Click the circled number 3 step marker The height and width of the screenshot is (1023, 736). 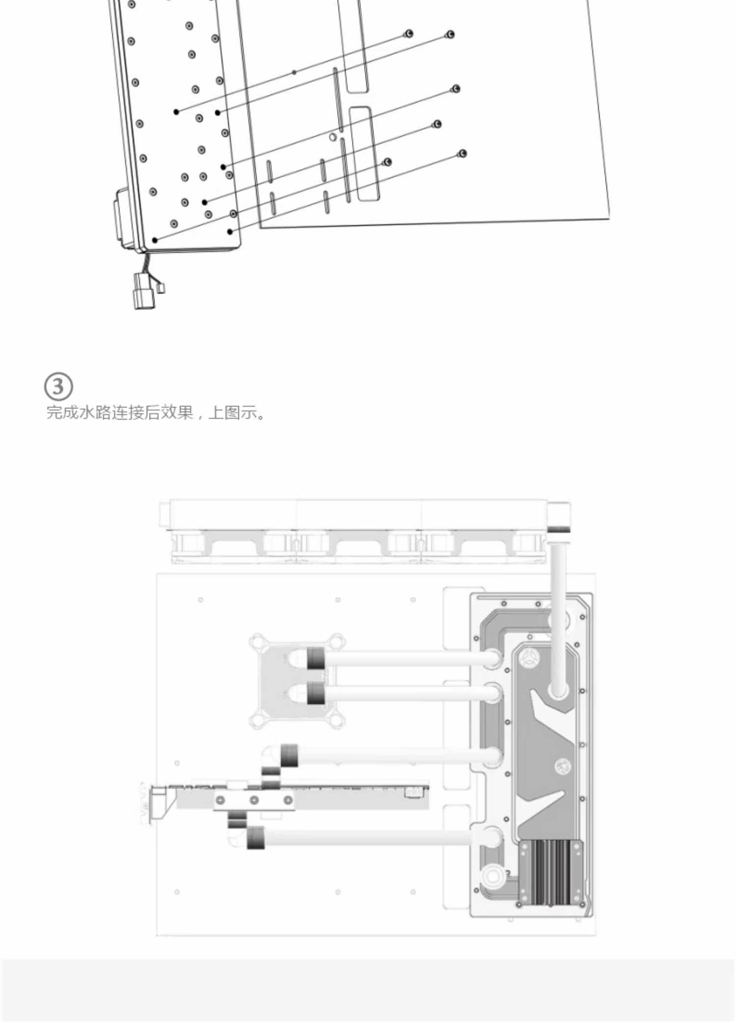click(58, 386)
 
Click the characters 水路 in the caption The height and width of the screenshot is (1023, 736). click(94, 412)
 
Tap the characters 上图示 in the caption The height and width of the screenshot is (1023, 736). click(233, 412)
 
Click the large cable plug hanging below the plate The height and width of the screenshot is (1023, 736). click(143, 292)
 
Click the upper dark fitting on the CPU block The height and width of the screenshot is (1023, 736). click(316, 658)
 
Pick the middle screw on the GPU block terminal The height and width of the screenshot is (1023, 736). click(254, 801)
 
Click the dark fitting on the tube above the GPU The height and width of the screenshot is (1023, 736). click(289, 756)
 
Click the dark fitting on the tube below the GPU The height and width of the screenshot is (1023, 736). click(255, 838)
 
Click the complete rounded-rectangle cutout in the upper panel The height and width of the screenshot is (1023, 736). click(365, 154)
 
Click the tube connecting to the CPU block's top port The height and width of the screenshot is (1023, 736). click(407, 658)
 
